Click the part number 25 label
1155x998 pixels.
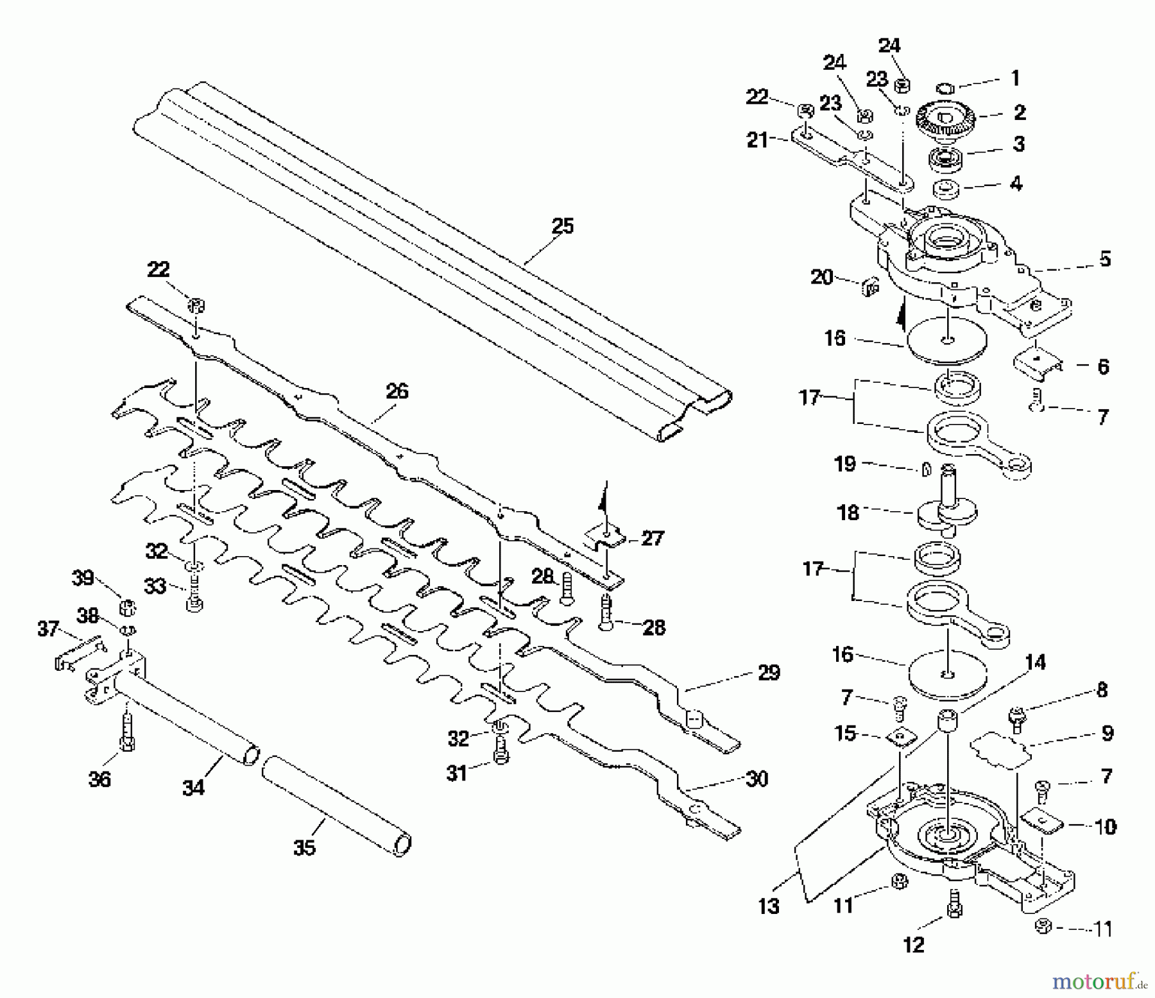[x=562, y=226]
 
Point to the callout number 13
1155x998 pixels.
[x=768, y=906]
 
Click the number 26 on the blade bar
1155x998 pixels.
[x=397, y=391]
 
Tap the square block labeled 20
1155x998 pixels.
[x=869, y=287]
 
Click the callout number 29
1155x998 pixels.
[x=769, y=673]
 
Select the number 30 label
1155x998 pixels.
[x=757, y=779]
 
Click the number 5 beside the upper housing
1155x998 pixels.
[x=1104, y=259]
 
